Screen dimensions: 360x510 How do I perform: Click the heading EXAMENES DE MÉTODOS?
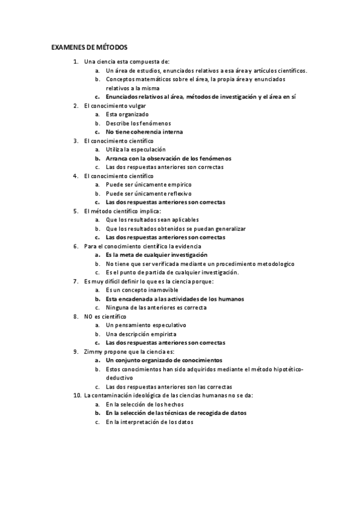point(89,47)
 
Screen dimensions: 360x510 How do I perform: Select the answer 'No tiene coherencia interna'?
point(144,132)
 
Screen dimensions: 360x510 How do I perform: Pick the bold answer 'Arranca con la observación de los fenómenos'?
point(168,158)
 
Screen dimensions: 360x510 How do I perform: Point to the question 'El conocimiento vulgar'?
point(115,105)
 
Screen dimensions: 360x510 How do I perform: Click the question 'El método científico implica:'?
point(123,211)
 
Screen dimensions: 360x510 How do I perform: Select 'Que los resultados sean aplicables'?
point(152,220)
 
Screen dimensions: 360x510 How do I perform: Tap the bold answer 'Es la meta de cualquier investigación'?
point(161,255)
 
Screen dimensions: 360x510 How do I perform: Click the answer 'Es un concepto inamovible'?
point(142,290)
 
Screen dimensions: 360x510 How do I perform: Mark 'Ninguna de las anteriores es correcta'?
point(156,307)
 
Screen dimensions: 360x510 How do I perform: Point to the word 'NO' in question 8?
point(89,316)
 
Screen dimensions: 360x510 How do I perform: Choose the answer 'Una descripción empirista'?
point(141,334)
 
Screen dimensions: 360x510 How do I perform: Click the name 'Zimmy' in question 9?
point(94,351)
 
